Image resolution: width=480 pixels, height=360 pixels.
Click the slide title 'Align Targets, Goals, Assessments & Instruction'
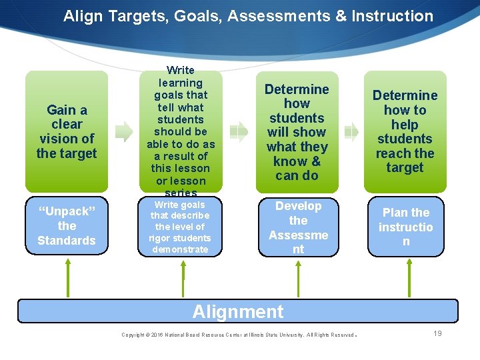point(248,16)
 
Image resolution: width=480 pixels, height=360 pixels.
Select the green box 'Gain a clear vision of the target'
point(67,132)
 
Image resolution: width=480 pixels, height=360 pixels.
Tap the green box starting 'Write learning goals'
point(179,132)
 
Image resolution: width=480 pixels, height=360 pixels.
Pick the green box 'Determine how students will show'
point(297,132)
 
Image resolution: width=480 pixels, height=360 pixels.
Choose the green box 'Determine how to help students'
point(405,132)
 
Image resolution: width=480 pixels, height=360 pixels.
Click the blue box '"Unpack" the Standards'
point(67,226)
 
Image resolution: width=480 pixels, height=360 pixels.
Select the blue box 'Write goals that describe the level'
point(179,227)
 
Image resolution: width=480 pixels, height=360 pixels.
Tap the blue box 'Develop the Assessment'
point(298,227)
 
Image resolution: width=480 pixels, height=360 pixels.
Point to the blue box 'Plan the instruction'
point(405,227)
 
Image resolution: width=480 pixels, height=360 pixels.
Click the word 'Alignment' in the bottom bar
point(238,311)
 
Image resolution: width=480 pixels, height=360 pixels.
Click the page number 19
point(437,333)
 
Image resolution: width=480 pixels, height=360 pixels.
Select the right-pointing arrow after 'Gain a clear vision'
point(124,132)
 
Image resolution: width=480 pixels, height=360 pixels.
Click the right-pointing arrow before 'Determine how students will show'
point(239,132)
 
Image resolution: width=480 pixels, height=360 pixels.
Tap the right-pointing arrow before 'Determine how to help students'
point(351,132)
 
